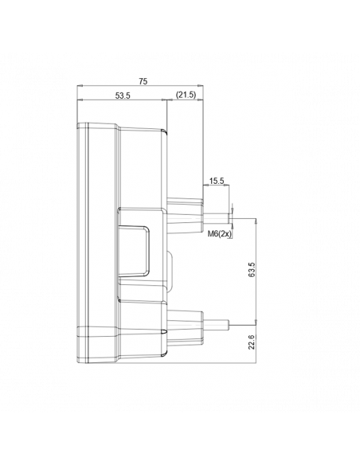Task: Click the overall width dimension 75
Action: point(143,81)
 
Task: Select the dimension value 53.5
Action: point(122,96)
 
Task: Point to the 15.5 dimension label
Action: point(217,181)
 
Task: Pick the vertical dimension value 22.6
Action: point(252,343)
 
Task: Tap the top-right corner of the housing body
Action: point(166,130)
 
